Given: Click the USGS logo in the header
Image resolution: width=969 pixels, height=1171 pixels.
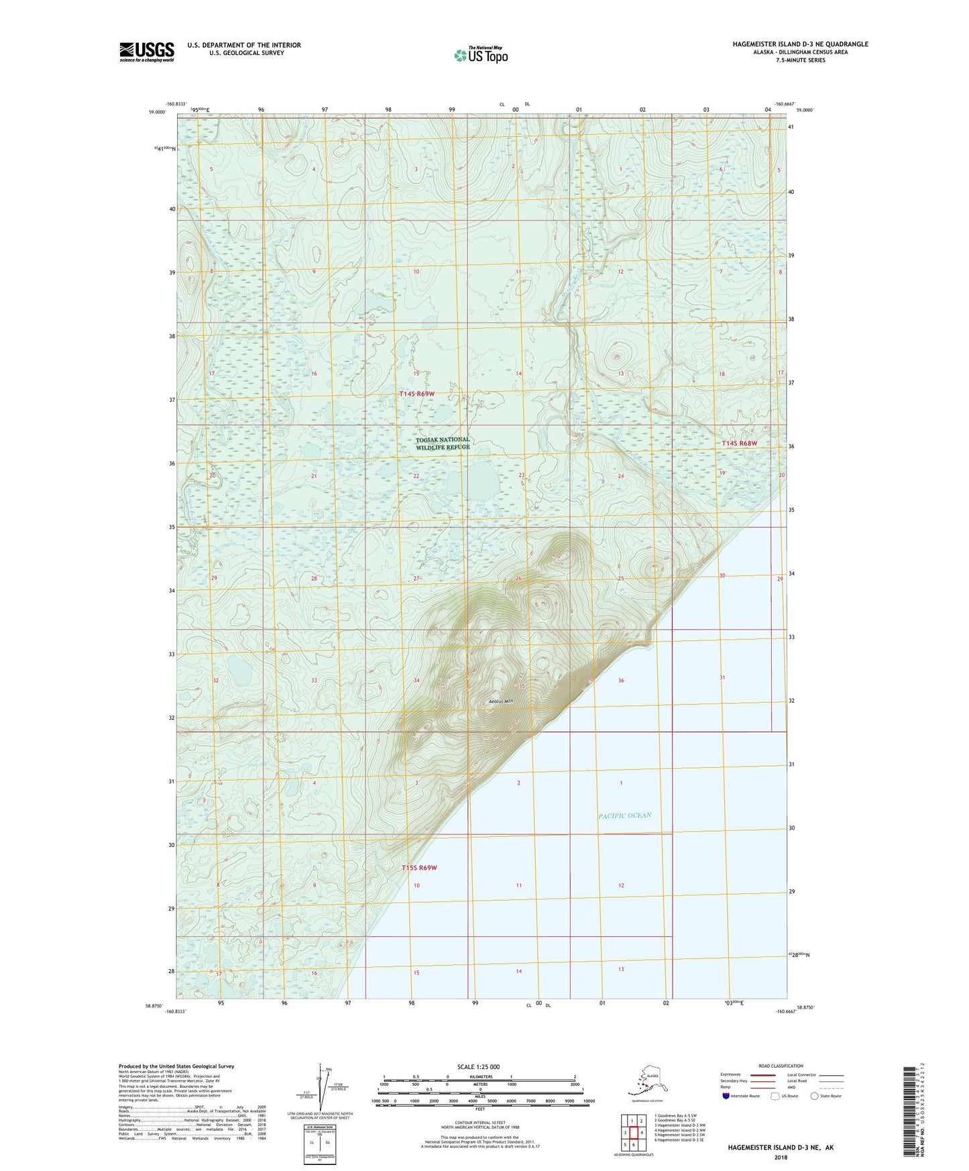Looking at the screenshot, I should coord(146,52).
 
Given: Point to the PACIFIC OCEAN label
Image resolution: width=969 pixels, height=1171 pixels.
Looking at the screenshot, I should coord(624,816).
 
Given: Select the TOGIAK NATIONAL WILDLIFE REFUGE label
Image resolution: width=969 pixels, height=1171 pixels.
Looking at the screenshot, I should coord(443,443).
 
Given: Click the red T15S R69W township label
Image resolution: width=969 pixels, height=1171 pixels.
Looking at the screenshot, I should coord(418,868).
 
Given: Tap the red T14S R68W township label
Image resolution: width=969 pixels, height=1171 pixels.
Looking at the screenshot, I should coord(739,443).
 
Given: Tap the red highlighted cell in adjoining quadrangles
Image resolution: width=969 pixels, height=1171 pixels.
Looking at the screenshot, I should coord(633,1133).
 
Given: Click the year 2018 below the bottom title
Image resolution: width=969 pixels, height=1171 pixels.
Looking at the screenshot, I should coord(780,1157).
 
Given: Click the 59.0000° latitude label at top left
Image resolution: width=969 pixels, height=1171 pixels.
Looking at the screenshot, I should coord(158,113).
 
